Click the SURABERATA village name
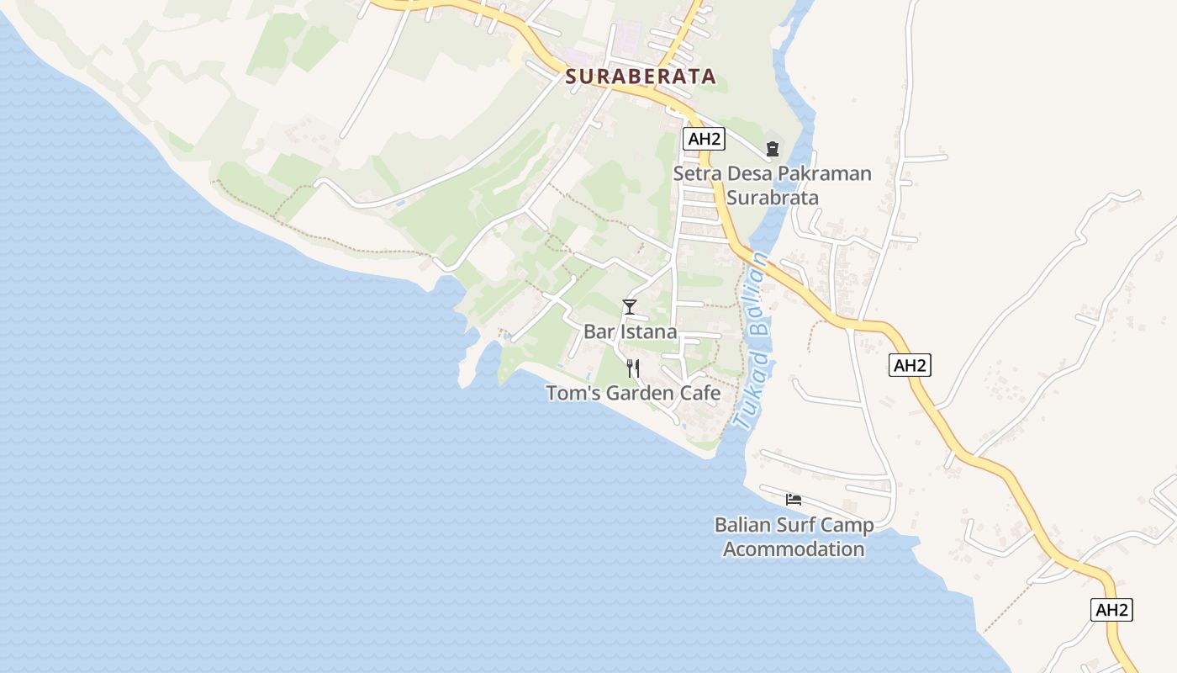(x=641, y=77)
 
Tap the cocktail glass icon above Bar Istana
(x=629, y=307)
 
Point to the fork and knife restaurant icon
(x=633, y=368)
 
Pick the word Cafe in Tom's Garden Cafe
(x=699, y=393)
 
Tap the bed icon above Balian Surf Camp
(x=793, y=499)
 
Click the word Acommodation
(x=794, y=549)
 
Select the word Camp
(x=845, y=526)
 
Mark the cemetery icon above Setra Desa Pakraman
(x=772, y=150)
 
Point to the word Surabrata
(x=773, y=198)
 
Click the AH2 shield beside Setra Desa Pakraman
(x=703, y=139)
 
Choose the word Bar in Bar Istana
(x=599, y=331)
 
